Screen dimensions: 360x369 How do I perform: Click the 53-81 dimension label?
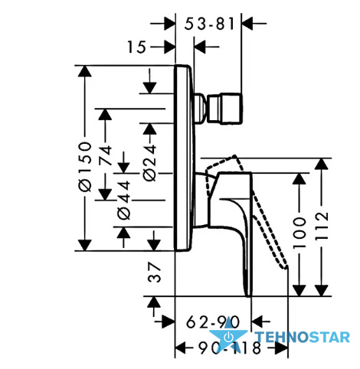pos(209,24)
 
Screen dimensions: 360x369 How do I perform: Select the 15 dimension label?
pos(137,47)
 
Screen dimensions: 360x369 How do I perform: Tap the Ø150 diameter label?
pos(85,167)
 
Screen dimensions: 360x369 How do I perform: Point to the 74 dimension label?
pos(106,155)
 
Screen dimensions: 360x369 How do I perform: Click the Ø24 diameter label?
pos(149,163)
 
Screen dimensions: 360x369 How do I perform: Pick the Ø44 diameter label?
pos(124,201)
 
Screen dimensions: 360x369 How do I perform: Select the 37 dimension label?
pos(155,273)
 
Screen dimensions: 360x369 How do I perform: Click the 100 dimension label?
pos(299,232)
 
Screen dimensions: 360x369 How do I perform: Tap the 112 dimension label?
pos(322,225)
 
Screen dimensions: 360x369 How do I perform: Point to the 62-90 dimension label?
pos(213,322)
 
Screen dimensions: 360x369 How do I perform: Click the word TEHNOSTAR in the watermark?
pos(303,337)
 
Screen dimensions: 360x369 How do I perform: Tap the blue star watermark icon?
pos(228,335)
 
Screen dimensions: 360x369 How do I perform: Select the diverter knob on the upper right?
pos(224,109)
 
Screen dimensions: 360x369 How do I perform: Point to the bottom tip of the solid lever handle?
pos(248,296)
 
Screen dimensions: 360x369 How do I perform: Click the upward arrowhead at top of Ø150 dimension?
pos(85,71)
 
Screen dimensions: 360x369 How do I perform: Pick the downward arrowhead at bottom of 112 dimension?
pos(322,290)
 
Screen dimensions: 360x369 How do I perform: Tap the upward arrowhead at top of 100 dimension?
pos(299,178)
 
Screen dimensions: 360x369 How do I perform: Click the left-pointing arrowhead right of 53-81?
pos(247,24)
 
